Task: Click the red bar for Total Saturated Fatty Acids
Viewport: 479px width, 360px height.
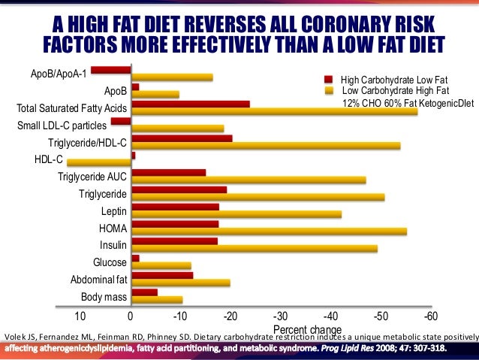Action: [191, 104]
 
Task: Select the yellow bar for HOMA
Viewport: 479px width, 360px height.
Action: [269, 231]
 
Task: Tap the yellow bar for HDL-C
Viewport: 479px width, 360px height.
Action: [98, 162]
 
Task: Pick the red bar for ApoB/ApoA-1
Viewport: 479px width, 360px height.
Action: [111, 70]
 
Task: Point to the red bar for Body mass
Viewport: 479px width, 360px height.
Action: [144, 292]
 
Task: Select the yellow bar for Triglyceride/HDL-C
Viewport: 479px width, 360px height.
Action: [266, 145]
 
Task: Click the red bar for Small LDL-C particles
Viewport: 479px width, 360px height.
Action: [121, 120]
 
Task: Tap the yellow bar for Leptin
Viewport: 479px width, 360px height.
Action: [236, 214]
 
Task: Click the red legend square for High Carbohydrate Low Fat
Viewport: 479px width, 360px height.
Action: [327, 78]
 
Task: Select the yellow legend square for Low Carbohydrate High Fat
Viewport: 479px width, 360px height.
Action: [327, 89]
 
